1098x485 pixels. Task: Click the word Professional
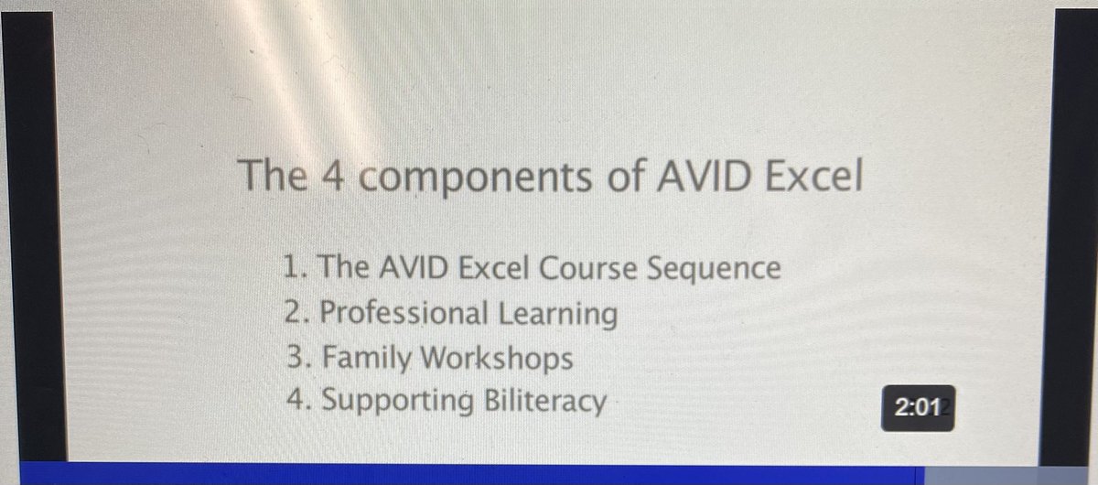pyautogui.click(x=404, y=314)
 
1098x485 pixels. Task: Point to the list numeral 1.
pyautogui.click(x=289, y=269)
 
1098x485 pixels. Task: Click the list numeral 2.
pyautogui.click(x=291, y=314)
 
